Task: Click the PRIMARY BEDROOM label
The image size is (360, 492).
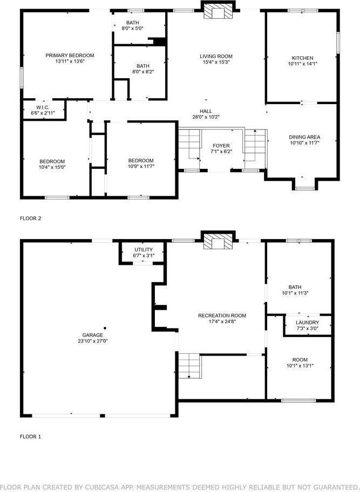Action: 70,56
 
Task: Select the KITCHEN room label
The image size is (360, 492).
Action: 302,58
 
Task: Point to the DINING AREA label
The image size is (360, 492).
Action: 305,138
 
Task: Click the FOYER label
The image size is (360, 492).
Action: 221,146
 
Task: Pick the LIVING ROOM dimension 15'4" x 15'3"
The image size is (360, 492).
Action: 216,63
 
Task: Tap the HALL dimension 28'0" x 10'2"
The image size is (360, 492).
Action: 206,117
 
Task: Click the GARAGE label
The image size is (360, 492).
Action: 92,335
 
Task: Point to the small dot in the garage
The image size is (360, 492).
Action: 105,327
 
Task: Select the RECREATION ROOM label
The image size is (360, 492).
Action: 222,316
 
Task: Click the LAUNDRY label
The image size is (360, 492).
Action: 308,323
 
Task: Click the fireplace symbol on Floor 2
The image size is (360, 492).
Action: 219,12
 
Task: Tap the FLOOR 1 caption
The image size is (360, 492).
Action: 31,436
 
